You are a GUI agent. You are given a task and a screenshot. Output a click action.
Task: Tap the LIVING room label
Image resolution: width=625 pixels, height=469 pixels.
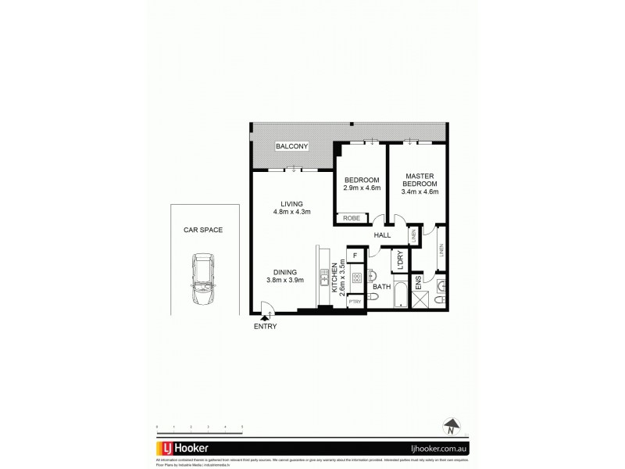click(280, 204)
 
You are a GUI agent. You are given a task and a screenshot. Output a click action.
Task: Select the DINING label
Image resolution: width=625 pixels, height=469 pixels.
click(280, 271)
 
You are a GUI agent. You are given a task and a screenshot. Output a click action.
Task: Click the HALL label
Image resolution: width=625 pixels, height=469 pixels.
click(383, 234)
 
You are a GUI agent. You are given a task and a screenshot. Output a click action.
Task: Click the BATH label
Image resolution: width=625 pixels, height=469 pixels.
click(381, 288)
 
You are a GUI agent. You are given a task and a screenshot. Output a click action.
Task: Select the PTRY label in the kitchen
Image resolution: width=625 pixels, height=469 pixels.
click(355, 302)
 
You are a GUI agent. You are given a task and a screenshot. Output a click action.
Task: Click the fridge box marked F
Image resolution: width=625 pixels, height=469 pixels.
click(355, 256)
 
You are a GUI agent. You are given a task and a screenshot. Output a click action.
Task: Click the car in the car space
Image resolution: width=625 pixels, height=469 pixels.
click(203, 281)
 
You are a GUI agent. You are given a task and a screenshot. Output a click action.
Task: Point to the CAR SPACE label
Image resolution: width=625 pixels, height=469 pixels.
click(203, 230)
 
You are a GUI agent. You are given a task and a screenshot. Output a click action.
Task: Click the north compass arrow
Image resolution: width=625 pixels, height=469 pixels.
click(451, 426)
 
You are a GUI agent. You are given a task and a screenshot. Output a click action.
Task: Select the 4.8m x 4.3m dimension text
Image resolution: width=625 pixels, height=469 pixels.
click(280, 212)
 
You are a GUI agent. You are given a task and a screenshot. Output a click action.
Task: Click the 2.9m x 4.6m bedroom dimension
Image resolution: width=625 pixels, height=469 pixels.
click(361, 188)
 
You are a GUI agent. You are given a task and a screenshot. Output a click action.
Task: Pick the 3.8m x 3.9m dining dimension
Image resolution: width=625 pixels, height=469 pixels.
click(280, 280)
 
